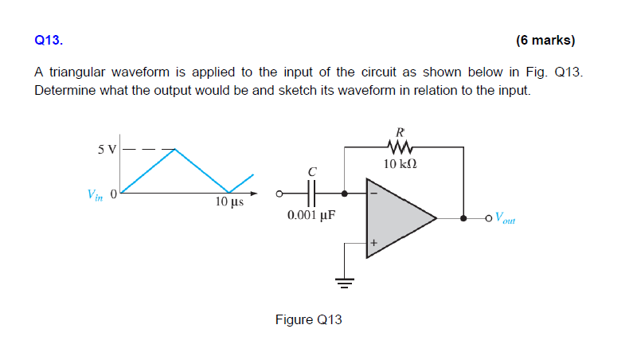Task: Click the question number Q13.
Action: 47,39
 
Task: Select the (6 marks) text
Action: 545,39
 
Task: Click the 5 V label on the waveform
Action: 106,149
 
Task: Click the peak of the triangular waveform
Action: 175,149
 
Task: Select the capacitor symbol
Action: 312,193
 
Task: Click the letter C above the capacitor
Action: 312,171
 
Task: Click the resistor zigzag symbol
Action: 401,147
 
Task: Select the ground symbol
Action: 344,280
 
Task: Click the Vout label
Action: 505,217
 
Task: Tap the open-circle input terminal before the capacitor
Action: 279,193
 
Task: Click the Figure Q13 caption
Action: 308,319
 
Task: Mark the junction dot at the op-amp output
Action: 463,217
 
